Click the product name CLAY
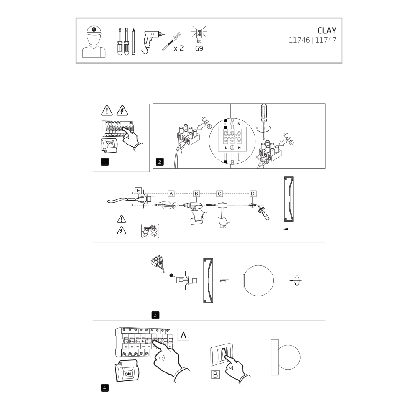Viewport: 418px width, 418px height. (x=326, y=31)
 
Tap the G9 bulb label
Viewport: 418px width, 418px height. (x=199, y=48)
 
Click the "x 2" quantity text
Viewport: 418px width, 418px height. (x=178, y=48)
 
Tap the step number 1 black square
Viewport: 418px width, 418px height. (x=104, y=162)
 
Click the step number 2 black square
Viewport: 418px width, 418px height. (x=159, y=162)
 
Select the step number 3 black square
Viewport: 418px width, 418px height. (x=155, y=315)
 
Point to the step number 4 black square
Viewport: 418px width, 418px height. (x=104, y=388)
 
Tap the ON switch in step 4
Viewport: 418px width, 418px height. (x=127, y=371)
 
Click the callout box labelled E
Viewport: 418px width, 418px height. (x=138, y=191)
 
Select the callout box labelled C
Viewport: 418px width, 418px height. (x=219, y=194)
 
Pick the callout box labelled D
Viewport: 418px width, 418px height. (x=252, y=194)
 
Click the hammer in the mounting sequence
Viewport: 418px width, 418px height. (x=223, y=214)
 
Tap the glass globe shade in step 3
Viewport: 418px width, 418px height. (x=258, y=280)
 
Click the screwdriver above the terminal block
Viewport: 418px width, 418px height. (x=264, y=121)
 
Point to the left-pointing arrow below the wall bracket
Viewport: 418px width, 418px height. (x=289, y=229)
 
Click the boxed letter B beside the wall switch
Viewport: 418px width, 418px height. (x=215, y=375)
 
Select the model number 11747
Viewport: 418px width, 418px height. (x=326, y=40)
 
